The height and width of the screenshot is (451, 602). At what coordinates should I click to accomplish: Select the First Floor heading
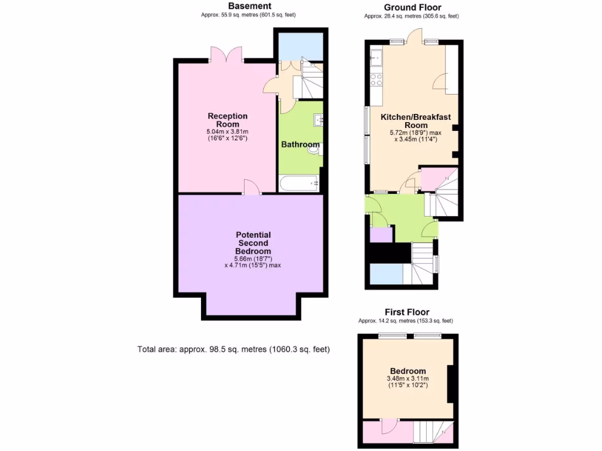pos(407,312)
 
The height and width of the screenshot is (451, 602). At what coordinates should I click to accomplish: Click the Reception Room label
pos(228,120)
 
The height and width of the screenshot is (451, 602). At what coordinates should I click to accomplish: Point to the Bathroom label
pos(300,144)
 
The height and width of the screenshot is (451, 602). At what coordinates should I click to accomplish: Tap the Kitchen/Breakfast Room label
pos(416,121)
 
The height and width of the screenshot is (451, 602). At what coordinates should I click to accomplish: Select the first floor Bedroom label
pos(408,371)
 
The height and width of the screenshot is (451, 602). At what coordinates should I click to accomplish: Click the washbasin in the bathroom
pos(318,120)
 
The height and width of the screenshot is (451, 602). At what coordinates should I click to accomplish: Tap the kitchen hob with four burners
pos(375,80)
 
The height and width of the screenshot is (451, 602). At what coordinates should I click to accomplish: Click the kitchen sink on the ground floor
pos(376,58)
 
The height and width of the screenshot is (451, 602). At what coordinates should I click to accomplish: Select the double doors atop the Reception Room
pos(226,55)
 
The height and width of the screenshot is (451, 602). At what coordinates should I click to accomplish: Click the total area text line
pos(233,349)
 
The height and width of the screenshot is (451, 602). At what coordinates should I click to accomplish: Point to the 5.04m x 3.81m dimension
pos(228,132)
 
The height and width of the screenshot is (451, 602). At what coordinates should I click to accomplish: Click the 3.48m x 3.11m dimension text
pos(408,379)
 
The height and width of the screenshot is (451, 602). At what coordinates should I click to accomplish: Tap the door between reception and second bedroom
pos(252,187)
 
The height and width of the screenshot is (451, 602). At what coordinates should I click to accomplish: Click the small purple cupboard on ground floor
pos(381,234)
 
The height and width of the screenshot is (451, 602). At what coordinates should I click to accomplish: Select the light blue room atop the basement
pos(300,46)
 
